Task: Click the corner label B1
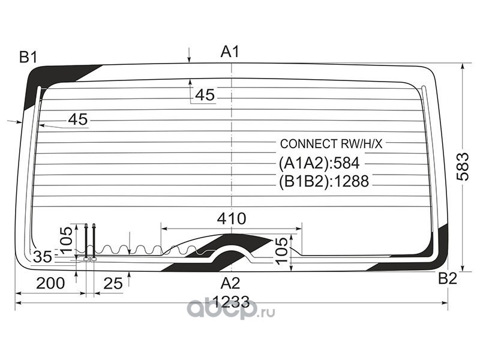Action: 28,57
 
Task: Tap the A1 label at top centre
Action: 230,52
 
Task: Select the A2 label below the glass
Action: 230,283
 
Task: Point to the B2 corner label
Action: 448,278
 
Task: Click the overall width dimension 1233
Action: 231,302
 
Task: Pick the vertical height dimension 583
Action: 463,167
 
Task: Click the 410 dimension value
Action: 232,219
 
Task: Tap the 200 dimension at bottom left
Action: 50,283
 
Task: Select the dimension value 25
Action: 113,283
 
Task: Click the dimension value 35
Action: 43,257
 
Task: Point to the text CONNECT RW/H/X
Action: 331,144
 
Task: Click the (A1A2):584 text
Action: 319,163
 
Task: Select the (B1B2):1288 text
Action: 324,181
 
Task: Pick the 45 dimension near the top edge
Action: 205,95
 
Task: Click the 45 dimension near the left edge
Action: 78,119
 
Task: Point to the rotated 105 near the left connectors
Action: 67,239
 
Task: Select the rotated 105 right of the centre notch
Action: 281,250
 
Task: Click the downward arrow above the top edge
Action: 190,55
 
